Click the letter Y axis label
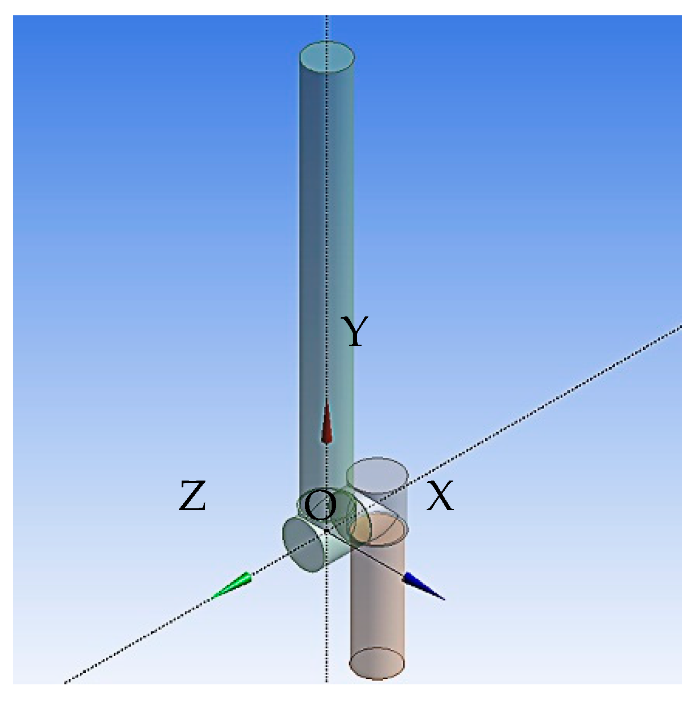click(355, 332)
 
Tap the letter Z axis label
click(192, 496)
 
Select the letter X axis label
click(440, 496)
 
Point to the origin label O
click(320, 505)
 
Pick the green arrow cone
click(233, 586)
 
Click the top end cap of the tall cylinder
click(326, 57)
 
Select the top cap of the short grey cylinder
click(377, 472)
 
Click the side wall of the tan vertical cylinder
click(378, 600)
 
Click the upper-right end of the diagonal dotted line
click(678, 327)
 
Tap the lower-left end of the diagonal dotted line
click(66, 682)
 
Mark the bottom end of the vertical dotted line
click(327, 681)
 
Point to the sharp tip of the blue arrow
click(444, 599)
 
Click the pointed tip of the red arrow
click(326, 400)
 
